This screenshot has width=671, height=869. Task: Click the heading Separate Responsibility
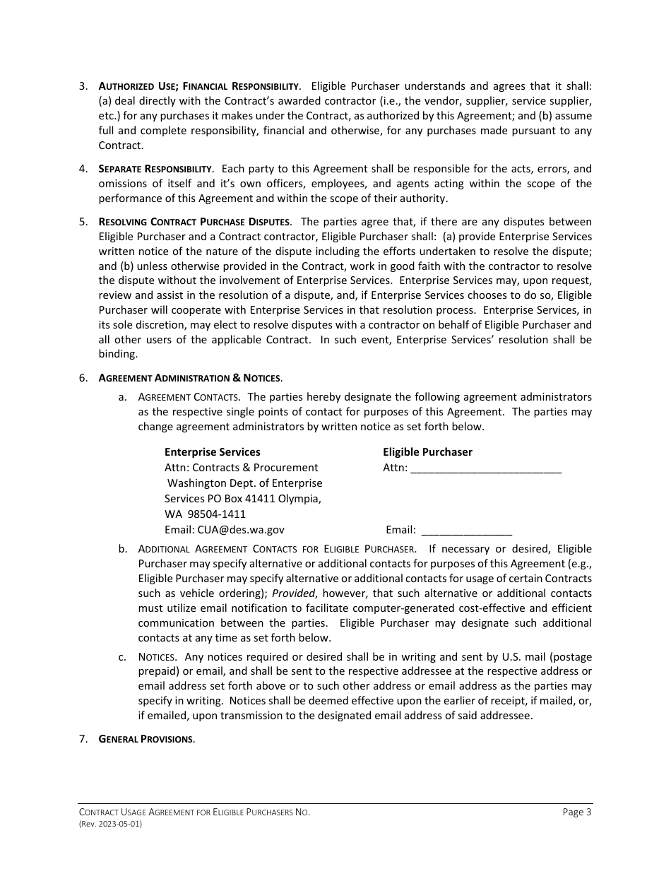155,169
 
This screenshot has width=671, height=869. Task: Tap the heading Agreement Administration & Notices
190,378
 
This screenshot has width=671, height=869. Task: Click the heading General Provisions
146,739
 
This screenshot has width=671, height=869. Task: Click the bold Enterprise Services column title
212,452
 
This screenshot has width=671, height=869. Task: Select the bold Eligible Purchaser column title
427,452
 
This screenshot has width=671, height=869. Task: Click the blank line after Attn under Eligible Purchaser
485,468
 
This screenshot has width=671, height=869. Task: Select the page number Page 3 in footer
577,812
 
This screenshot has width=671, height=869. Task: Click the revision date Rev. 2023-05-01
110,824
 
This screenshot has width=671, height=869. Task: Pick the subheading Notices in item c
157,657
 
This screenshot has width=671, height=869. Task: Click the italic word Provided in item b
293,593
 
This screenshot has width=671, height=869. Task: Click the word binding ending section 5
117,355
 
